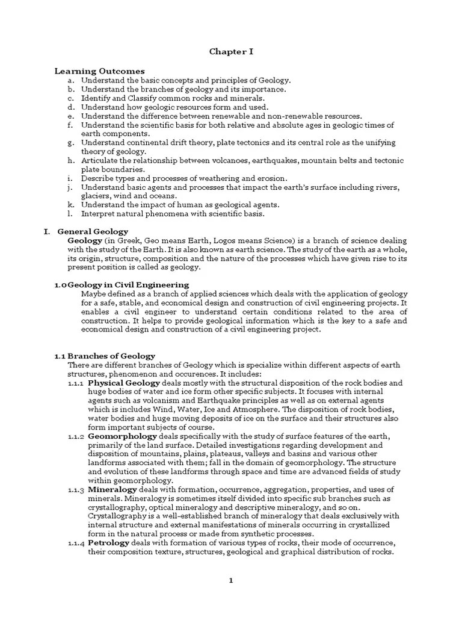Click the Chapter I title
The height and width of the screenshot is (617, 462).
pyautogui.click(x=231, y=51)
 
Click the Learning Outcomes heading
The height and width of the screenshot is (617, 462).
pyautogui.click(x=100, y=71)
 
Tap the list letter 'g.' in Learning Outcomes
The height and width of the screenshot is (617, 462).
pyautogui.click(x=71, y=143)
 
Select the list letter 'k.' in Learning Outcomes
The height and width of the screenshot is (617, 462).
pyautogui.click(x=71, y=205)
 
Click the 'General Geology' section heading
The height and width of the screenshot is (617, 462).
pyautogui.click(x=93, y=231)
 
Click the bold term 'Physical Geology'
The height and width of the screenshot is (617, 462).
pyautogui.click(x=124, y=383)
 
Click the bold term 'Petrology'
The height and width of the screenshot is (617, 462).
pyautogui.click(x=108, y=542)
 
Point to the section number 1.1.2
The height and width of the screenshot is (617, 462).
pyautogui.click(x=76, y=436)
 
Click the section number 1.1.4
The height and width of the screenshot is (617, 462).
pyautogui.click(x=76, y=542)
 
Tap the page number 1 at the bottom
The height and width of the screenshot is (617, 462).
pyautogui.click(x=230, y=580)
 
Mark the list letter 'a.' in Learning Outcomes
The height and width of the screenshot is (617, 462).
pyautogui.click(x=71, y=80)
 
